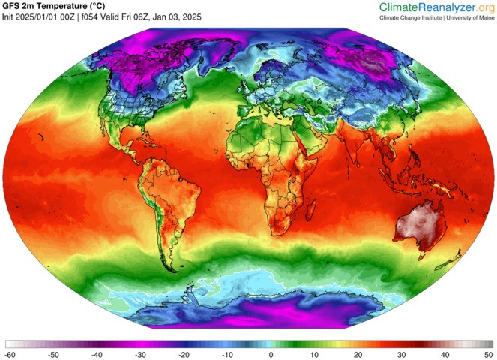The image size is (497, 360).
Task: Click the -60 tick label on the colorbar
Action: [10, 353]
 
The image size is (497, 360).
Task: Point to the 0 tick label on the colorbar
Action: [271, 353]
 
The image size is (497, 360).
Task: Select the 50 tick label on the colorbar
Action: [488, 353]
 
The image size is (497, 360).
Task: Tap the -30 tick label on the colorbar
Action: [139, 353]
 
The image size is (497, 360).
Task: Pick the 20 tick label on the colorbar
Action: [358, 353]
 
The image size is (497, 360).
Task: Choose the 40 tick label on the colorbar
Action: [445, 353]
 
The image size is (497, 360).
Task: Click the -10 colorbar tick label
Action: [226, 353]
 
